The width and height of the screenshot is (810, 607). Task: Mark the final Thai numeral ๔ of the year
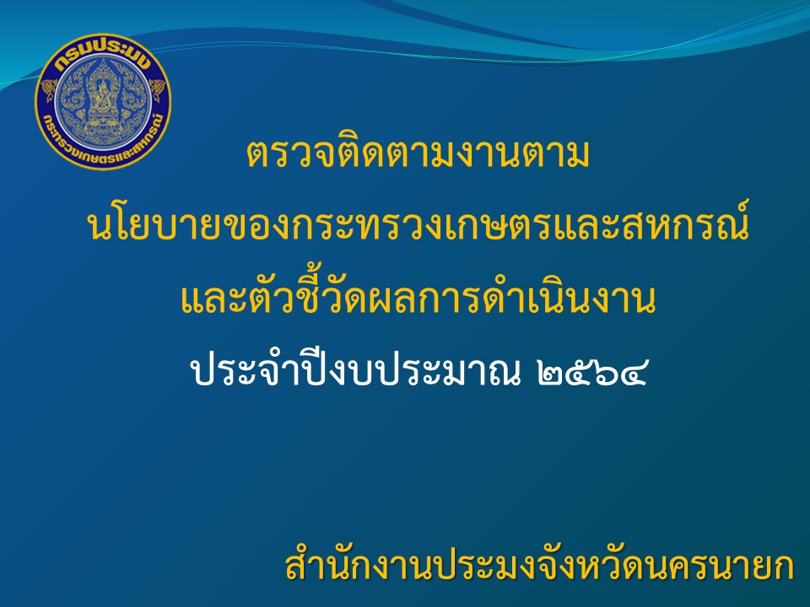[x=632, y=373]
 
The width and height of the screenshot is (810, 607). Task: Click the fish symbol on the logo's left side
[x=49, y=91]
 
